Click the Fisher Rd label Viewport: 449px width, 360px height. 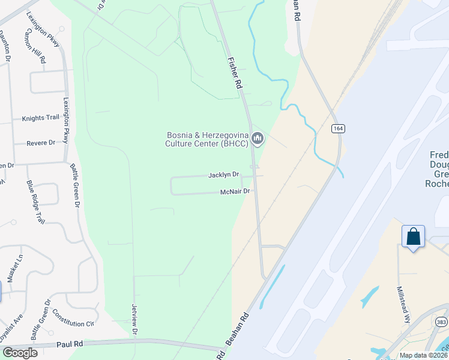point(234,74)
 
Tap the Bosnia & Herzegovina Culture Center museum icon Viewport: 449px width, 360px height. point(258,139)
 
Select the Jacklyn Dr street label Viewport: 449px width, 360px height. point(223,175)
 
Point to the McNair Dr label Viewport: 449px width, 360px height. point(235,192)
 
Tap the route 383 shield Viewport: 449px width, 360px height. point(442,322)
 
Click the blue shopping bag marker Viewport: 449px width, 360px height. point(413,236)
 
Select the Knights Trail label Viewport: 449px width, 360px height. point(41,118)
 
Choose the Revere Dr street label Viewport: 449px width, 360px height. point(41,143)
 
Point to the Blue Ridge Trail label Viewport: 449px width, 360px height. point(35,202)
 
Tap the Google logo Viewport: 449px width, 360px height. point(19,353)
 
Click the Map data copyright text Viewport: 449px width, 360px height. point(424,355)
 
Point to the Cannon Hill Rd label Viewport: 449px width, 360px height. point(36,46)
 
